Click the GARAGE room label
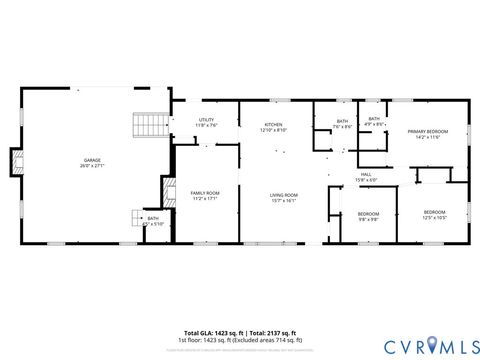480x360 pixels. (x=92, y=160)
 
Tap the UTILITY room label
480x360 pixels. (x=207, y=121)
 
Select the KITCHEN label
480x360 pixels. (x=273, y=125)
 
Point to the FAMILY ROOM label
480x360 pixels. (x=205, y=192)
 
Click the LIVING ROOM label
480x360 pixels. (x=284, y=195)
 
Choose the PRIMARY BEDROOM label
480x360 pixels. (x=427, y=132)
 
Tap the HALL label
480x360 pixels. (x=367, y=175)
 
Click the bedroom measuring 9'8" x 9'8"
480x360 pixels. (x=369, y=213)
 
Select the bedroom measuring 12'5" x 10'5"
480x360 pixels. (x=434, y=212)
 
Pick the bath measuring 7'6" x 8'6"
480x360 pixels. (x=342, y=122)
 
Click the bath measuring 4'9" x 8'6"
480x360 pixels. (x=374, y=119)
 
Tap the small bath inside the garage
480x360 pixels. (x=153, y=218)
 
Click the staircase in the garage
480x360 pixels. (x=151, y=125)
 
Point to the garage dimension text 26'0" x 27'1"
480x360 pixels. (x=92, y=165)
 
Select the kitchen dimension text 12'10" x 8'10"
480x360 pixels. (x=273, y=131)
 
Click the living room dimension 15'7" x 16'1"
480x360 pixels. (x=284, y=201)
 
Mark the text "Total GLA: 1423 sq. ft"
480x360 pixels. (x=209, y=333)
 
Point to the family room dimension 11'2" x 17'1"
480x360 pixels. (x=205, y=198)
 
